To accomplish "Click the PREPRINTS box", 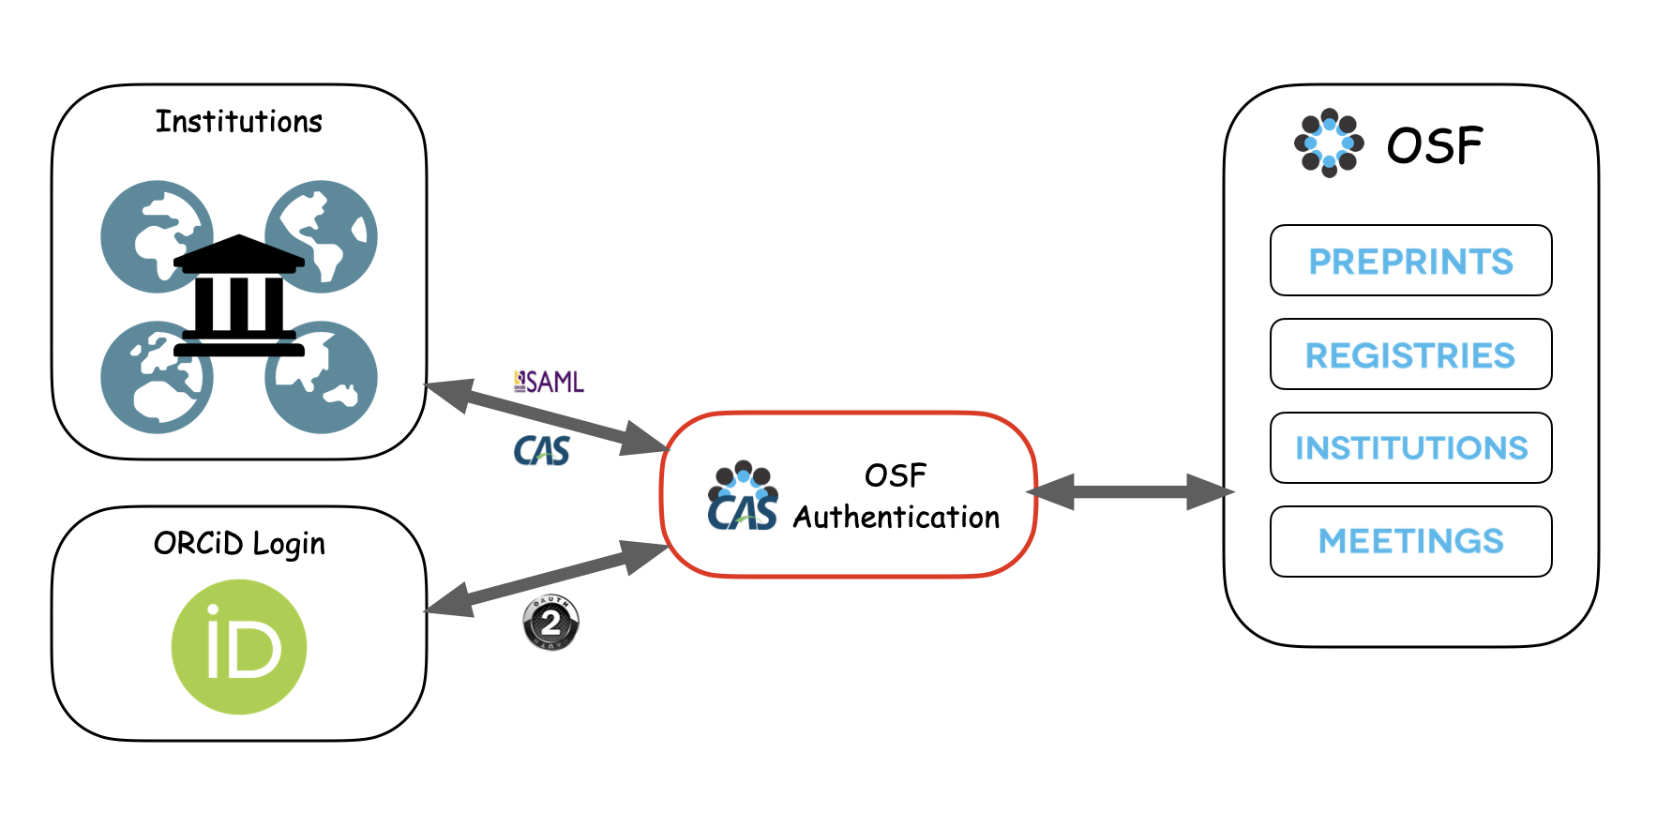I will coord(1410,261).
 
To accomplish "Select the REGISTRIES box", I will coord(1410,354).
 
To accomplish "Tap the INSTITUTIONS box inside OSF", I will coord(1410,448).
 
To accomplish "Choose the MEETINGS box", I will coord(1410,541).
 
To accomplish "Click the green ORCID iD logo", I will coord(239,647).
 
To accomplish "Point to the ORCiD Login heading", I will coord(239,544).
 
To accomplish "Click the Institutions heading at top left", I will coord(238,122).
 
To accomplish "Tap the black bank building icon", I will coord(239,295).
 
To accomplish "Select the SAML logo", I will coord(550,382).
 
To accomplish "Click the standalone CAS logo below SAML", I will coord(542,451).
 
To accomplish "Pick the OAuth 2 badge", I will coord(550,623).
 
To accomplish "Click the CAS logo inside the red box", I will coord(742,497).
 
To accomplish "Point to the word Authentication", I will coord(896,518).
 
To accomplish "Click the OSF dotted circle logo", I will coord(1329,143).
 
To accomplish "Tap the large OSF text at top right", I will coord(1435,146).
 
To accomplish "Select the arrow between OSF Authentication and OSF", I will coord(1130,492).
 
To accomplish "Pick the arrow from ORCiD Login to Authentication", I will coord(548,579).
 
